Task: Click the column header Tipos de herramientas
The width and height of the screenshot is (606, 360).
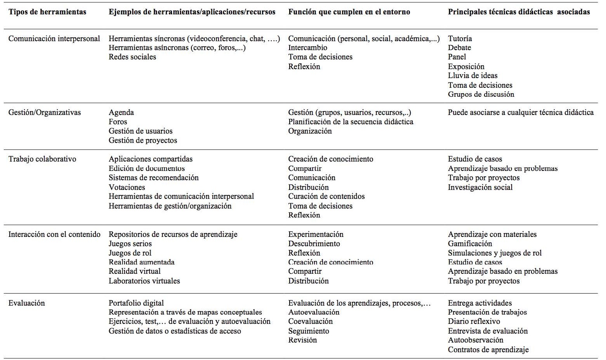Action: coord(47,12)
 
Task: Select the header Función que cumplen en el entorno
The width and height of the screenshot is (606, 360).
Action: coord(349,12)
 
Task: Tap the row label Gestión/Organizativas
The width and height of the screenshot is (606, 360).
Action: coord(45,113)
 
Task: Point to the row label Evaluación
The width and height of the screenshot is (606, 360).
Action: coord(27,303)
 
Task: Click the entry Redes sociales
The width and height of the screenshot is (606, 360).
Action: coord(132,57)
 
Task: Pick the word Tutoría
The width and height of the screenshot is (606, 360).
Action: coord(460,38)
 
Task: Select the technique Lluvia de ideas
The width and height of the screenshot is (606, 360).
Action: coord(472,76)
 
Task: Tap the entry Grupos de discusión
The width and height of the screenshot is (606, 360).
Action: coord(481,94)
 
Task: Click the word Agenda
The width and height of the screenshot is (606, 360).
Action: coord(121,113)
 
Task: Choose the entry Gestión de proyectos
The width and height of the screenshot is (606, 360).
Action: coord(143,141)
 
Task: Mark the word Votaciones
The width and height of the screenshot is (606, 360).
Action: coord(127,187)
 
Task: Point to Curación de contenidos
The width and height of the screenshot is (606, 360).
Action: coord(326,197)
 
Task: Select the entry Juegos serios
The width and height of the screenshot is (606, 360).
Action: coord(130,244)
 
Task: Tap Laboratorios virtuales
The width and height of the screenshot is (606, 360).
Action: coord(144,281)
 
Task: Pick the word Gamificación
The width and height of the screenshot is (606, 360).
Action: coord(470,244)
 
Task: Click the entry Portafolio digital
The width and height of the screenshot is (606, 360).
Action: coord(136,303)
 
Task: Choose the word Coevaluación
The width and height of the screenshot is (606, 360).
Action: coord(311,322)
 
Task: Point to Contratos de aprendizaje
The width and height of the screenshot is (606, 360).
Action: coord(488,350)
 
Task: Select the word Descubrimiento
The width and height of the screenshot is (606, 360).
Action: coord(314,244)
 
